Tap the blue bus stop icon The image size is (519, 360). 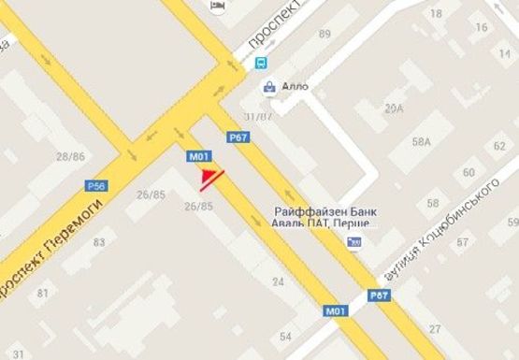point(259,64)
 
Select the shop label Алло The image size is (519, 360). point(295,87)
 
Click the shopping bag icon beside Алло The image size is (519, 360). point(270,87)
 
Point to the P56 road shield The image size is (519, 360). point(97,185)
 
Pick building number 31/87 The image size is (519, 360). point(257,116)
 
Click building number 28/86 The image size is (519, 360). point(70,156)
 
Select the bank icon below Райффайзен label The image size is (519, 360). point(353,242)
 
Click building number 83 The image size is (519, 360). point(98,242)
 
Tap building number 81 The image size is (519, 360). point(42,294)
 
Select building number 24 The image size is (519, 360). point(277,281)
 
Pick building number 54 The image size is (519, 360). point(285,335)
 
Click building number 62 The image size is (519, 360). point(499,146)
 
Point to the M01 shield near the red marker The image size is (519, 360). point(198,156)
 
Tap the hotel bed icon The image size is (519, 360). point(219,7)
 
